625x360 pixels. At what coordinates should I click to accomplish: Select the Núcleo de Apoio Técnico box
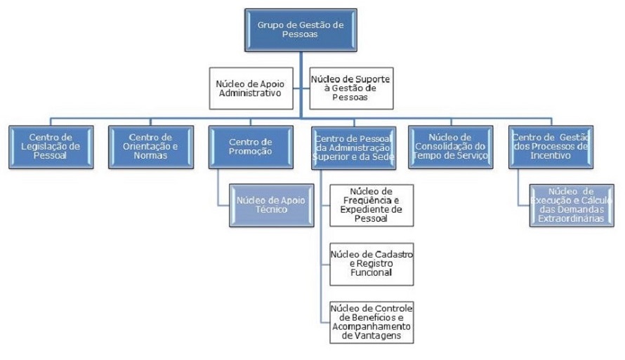(271, 205)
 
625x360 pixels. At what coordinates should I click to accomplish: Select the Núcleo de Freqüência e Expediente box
(371, 205)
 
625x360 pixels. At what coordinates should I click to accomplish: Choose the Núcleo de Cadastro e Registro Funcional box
(371, 263)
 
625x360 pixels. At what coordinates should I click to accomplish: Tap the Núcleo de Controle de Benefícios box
(371, 321)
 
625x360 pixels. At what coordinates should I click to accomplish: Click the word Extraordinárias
(571, 220)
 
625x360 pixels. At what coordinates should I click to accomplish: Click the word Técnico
(271, 210)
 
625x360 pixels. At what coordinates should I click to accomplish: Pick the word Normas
(152, 155)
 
